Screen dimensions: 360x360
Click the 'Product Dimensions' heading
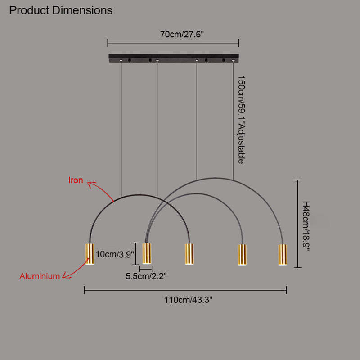61,10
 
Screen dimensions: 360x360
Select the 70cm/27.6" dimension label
182,35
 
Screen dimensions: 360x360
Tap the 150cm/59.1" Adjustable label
241,120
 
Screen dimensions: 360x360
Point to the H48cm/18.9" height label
306,226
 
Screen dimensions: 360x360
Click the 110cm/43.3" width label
188,300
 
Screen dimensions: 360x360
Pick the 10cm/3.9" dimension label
115,254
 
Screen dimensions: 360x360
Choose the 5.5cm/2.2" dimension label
146,276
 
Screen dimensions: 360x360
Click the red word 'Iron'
76,180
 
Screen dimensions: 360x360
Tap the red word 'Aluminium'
40,276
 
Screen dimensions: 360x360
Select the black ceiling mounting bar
174,58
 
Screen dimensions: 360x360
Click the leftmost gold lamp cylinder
90,254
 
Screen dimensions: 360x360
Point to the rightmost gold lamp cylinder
283,255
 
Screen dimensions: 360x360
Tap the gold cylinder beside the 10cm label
147,253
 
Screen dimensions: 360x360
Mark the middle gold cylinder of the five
189,254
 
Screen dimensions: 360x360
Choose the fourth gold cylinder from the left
242,255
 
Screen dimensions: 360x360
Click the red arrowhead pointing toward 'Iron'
91,184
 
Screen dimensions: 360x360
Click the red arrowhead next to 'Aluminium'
66,275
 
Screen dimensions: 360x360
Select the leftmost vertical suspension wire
121,129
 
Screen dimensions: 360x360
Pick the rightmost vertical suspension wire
233,121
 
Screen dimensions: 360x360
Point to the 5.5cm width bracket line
146,269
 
